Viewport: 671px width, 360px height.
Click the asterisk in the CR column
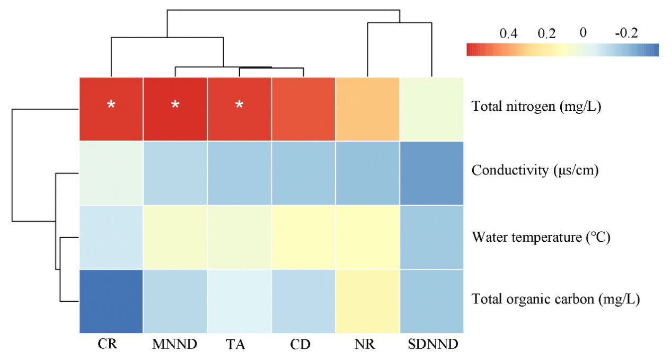[111, 105]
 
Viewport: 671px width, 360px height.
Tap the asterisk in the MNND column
[175, 105]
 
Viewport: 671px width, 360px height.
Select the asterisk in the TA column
[239, 105]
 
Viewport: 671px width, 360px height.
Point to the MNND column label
[175, 345]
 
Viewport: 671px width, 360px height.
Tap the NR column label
[366, 345]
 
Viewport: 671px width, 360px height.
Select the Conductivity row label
[535, 171]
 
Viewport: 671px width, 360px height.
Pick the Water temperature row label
[541, 236]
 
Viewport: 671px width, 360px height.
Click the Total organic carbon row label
[555, 300]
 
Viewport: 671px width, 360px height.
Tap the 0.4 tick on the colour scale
[508, 33]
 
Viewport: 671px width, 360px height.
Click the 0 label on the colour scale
[583, 33]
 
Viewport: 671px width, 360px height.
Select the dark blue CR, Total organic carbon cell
[111, 301]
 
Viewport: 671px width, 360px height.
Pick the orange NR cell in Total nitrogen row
[367, 109]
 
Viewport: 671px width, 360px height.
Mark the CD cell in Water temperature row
[303, 237]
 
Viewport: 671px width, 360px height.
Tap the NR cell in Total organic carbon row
[367, 301]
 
